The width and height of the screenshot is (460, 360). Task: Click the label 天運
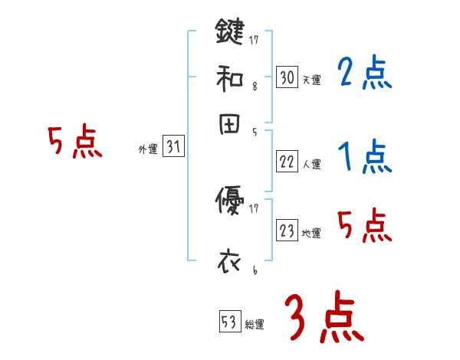[311, 80]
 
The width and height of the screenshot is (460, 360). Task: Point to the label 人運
[311, 164]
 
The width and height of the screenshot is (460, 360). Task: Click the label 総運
[255, 325]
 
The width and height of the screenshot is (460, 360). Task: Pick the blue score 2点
[364, 74]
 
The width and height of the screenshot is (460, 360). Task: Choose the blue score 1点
[364, 158]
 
